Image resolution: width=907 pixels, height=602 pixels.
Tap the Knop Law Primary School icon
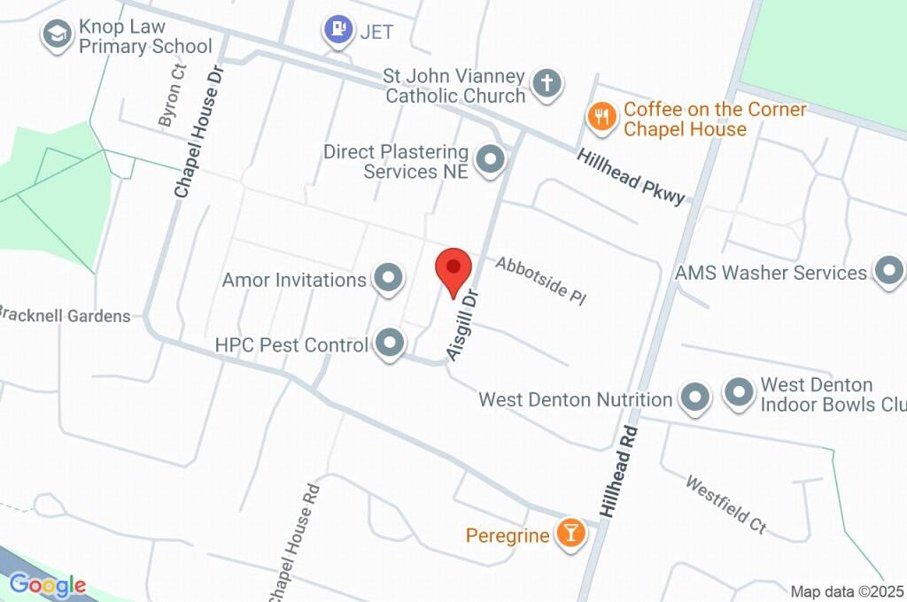coord(58,35)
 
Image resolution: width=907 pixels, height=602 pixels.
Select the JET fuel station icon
coord(337,30)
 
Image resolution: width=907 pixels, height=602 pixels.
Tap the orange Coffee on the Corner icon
coord(601,118)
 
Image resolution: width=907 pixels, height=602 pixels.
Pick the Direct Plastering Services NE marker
coord(489,161)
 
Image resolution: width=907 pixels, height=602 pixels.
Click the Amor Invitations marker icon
coord(387,279)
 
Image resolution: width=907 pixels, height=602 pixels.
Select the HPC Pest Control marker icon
coord(388,343)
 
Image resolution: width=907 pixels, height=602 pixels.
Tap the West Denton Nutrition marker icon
coord(694,398)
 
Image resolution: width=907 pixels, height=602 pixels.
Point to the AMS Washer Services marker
coord(888,272)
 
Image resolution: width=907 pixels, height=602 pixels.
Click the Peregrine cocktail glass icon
coord(570,534)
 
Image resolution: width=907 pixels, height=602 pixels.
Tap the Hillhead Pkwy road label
coord(631,176)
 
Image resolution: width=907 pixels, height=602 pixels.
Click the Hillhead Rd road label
coord(619,473)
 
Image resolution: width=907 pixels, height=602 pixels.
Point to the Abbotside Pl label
coord(541,280)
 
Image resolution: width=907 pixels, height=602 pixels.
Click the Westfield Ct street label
coord(725,505)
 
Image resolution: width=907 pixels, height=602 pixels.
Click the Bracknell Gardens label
coord(65,315)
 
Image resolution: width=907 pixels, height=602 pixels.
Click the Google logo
coord(48,584)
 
